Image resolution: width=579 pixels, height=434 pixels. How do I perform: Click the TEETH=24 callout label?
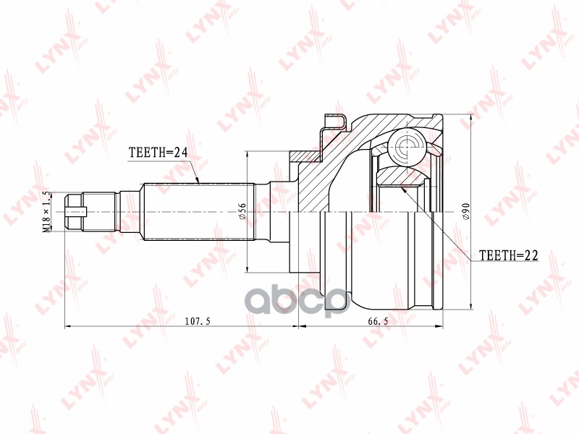pyautogui.click(x=158, y=152)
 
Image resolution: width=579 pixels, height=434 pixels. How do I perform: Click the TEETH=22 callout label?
pyautogui.click(x=509, y=255)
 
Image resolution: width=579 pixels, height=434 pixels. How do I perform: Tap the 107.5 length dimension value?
pyautogui.click(x=198, y=321)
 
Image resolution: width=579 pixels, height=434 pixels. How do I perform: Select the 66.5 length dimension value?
pyautogui.click(x=378, y=321)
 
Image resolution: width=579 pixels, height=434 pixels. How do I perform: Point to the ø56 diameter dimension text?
pyautogui.click(x=242, y=211)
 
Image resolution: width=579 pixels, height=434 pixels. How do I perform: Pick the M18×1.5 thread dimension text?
pyautogui.click(x=46, y=212)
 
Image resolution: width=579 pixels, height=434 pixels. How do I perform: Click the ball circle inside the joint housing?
pyautogui.click(x=407, y=146)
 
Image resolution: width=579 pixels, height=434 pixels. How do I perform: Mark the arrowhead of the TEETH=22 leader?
pyautogui.click(x=403, y=190)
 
